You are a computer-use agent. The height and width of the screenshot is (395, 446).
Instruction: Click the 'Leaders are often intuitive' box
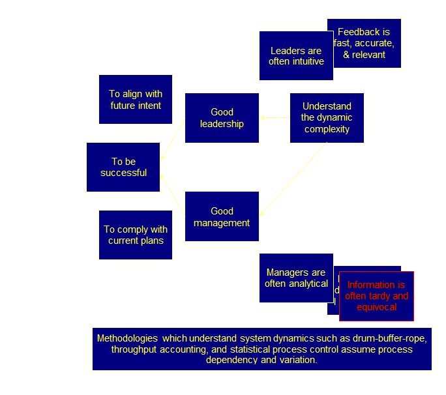(x=296, y=55)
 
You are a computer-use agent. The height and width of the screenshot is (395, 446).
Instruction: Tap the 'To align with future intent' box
(x=136, y=99)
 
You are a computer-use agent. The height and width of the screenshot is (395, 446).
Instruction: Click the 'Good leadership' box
(x=222, y=117)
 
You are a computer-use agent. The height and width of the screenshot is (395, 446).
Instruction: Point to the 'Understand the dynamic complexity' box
(x=327, y=117)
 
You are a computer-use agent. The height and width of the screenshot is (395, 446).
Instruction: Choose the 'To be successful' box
(x=123, y=167)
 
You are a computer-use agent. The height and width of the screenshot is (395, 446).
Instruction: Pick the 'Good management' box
(x=222, y=216)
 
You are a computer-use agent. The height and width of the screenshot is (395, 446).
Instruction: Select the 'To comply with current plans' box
(x=136, y=235)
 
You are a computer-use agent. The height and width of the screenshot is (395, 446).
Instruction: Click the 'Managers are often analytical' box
(x=296, y=278)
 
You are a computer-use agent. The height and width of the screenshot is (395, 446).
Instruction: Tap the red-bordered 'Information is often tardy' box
(x=376, y=296)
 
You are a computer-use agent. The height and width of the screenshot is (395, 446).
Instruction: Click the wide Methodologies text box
(x=261, y=349)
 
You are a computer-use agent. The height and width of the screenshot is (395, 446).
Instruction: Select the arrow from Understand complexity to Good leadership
(x=275, y=118)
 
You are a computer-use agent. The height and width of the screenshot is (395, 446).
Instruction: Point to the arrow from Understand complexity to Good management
(x=293, y=180)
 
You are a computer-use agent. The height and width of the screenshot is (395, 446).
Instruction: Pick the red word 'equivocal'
(x=376, y=307)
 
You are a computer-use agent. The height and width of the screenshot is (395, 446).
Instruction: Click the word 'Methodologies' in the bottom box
(x=126, y=338)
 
